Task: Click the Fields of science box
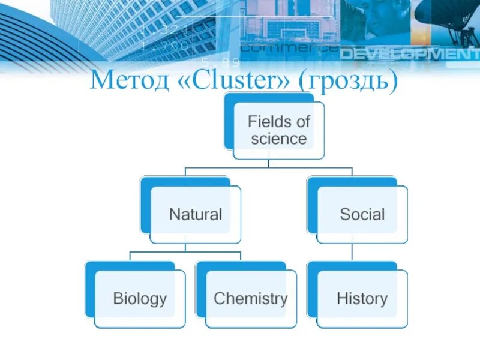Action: [x=278, y=130]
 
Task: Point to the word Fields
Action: [x=278, y=122]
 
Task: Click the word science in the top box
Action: [x=278, y=139]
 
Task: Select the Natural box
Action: [x=196, y=214]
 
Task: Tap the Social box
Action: [x=362, y=214]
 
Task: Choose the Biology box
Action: [x=140, y=298]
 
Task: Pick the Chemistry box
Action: [x=251, y=298]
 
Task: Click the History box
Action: [x=362, y=298]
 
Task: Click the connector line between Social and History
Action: [x=352, y=252]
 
